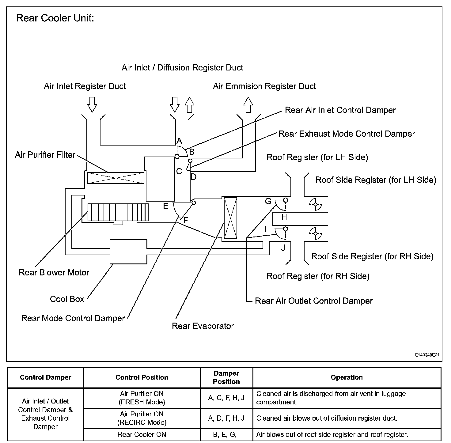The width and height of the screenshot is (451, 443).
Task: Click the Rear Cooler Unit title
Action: tap(55, 18)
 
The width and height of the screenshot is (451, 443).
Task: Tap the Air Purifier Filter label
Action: tap(45, 155)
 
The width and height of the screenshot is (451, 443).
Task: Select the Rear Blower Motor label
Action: tap(54, 272)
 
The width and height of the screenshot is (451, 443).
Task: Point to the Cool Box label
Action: tap(67, 299)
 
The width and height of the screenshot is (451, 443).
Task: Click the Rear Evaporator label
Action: tap(203, 326)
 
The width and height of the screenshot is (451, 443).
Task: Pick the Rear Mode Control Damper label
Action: tap(73, 318)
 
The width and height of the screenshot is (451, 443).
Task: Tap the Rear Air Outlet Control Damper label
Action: tap(314, 301)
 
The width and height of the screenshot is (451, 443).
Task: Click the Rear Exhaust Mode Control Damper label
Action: tap(347, 134)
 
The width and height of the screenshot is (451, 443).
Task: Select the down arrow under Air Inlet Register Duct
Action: tap(92, 104)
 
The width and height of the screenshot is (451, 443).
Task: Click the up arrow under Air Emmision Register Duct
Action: tap(248, 104)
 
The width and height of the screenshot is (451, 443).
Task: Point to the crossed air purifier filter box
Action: tap(116, 178)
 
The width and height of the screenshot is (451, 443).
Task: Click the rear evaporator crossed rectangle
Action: tap(230, 218)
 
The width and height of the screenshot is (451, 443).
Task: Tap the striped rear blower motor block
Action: tap(118, 212)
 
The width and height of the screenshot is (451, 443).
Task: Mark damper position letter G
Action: tap(268, 201)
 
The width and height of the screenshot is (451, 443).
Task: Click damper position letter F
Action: tap(186, 220)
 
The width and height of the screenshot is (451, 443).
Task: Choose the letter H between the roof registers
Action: tap(284, 218)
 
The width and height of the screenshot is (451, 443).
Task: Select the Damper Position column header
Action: tap(226, 377)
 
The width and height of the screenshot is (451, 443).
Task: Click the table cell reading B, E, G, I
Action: tap(226, 434)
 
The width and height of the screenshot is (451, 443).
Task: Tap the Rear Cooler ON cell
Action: tap(142, 434)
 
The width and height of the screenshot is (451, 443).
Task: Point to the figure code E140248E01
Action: tap(427, 355)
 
